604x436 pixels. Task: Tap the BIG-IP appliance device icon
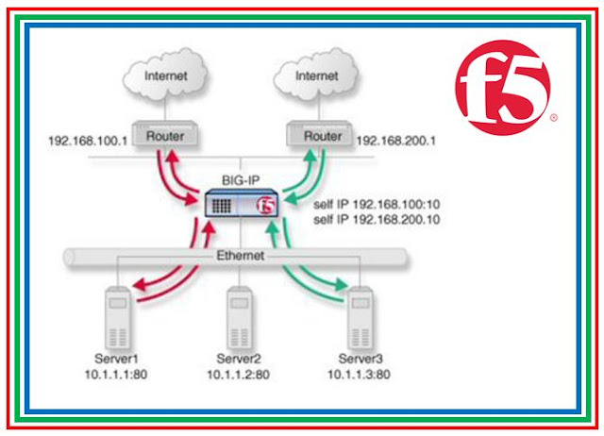point(240,204)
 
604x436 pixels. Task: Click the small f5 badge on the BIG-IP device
point(267,205)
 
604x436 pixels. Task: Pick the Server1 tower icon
point(117,316)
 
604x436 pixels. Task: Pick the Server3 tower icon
point(360,316)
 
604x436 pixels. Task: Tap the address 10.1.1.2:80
point(240,377)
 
